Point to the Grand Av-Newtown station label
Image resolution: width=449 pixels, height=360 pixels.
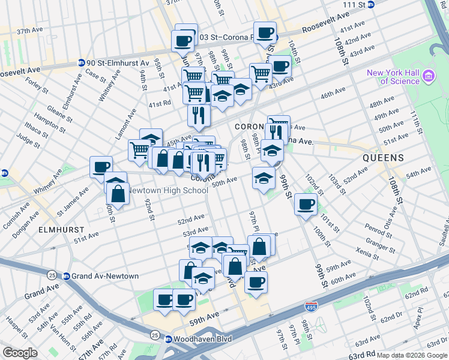point(105,276)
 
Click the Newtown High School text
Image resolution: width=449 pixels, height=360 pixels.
point(169,190)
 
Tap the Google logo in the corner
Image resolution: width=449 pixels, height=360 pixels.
point(20,352)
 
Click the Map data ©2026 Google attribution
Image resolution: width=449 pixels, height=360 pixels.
point(411,355)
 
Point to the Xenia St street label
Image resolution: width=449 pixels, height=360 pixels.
point(367,251)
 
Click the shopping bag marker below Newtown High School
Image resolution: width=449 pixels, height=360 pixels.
point(118,193)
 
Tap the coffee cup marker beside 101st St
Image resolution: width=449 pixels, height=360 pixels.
point(306,205)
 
